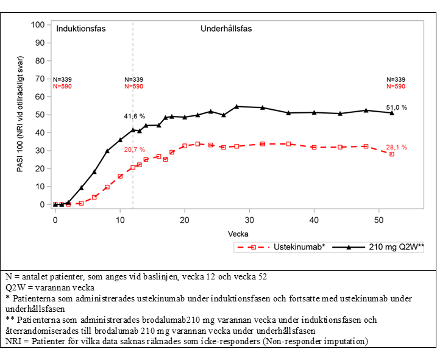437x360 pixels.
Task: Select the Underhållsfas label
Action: [x=226, y=29]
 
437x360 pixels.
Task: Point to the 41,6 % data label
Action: [x=134, y=116]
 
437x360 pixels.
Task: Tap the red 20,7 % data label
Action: [x=134, y=149]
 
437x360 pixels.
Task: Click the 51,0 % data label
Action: [x=396, y=107]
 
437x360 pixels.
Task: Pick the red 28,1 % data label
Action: [x=396, y=147]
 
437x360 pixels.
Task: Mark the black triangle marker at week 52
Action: [x=392, y=113]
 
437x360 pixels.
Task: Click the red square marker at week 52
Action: [x=392, y=154]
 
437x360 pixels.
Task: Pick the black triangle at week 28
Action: [x=236, y=107]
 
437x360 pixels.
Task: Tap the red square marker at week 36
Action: [x=288, y=144]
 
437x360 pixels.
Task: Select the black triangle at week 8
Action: [x=107, y=151]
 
